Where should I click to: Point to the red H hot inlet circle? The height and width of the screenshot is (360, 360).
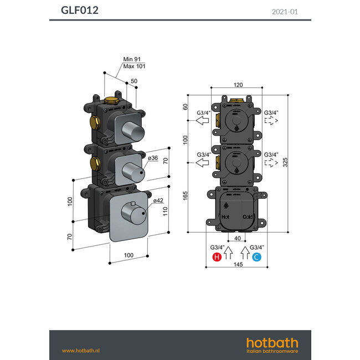click(x=217, y=256)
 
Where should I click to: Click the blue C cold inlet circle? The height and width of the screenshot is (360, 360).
click(x=256, y=256)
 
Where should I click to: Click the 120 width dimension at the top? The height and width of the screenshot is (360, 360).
click(x=238, y=86)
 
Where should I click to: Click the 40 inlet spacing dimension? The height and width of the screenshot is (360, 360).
click(x=237, y=239)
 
